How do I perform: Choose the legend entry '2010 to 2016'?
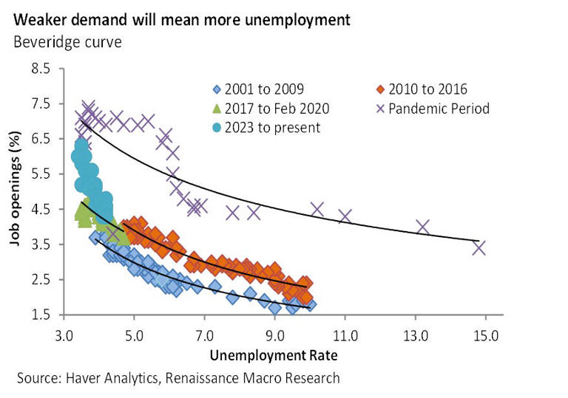coord(425,89)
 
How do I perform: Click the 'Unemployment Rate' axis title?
coord(274,355)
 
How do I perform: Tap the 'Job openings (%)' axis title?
coord(15,192)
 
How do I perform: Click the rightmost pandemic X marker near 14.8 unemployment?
coord(479,247)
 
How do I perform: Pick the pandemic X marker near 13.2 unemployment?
coord(422,227)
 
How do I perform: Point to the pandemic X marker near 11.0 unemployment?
coord(345,216)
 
